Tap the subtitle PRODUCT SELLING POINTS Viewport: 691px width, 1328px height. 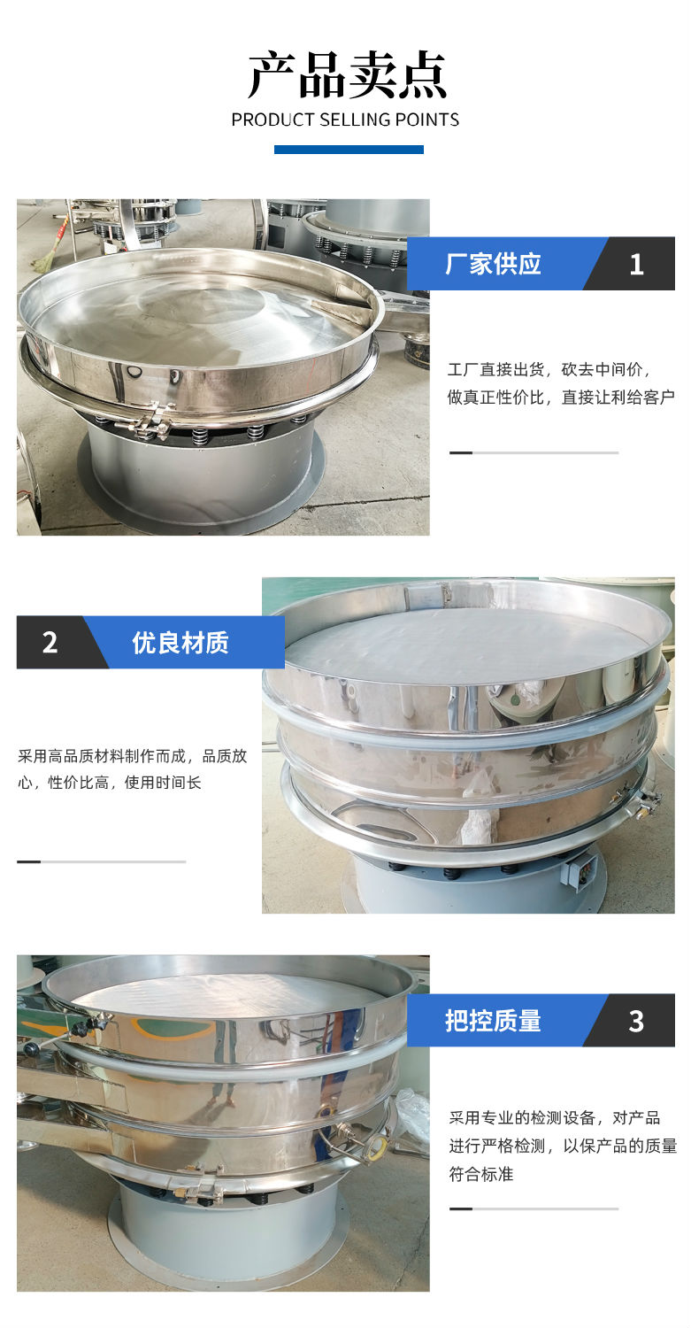345,120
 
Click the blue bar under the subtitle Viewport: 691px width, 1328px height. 349,150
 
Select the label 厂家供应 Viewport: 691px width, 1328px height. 493,264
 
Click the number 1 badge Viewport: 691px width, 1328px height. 636,265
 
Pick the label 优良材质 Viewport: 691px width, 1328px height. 180,643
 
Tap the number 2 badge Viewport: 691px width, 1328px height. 50,643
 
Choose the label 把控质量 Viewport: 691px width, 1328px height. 493,1020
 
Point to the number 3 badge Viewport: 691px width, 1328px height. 636,1021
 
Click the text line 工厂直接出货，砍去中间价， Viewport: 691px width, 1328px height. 549,370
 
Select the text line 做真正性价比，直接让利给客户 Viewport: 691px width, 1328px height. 561,398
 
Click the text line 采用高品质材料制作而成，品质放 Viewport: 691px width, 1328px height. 132,756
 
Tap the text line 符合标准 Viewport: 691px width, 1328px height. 480,1174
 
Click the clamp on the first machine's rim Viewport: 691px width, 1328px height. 148,421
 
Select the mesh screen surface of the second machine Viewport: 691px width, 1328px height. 468,639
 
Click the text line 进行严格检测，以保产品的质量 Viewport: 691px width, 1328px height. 563,1146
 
